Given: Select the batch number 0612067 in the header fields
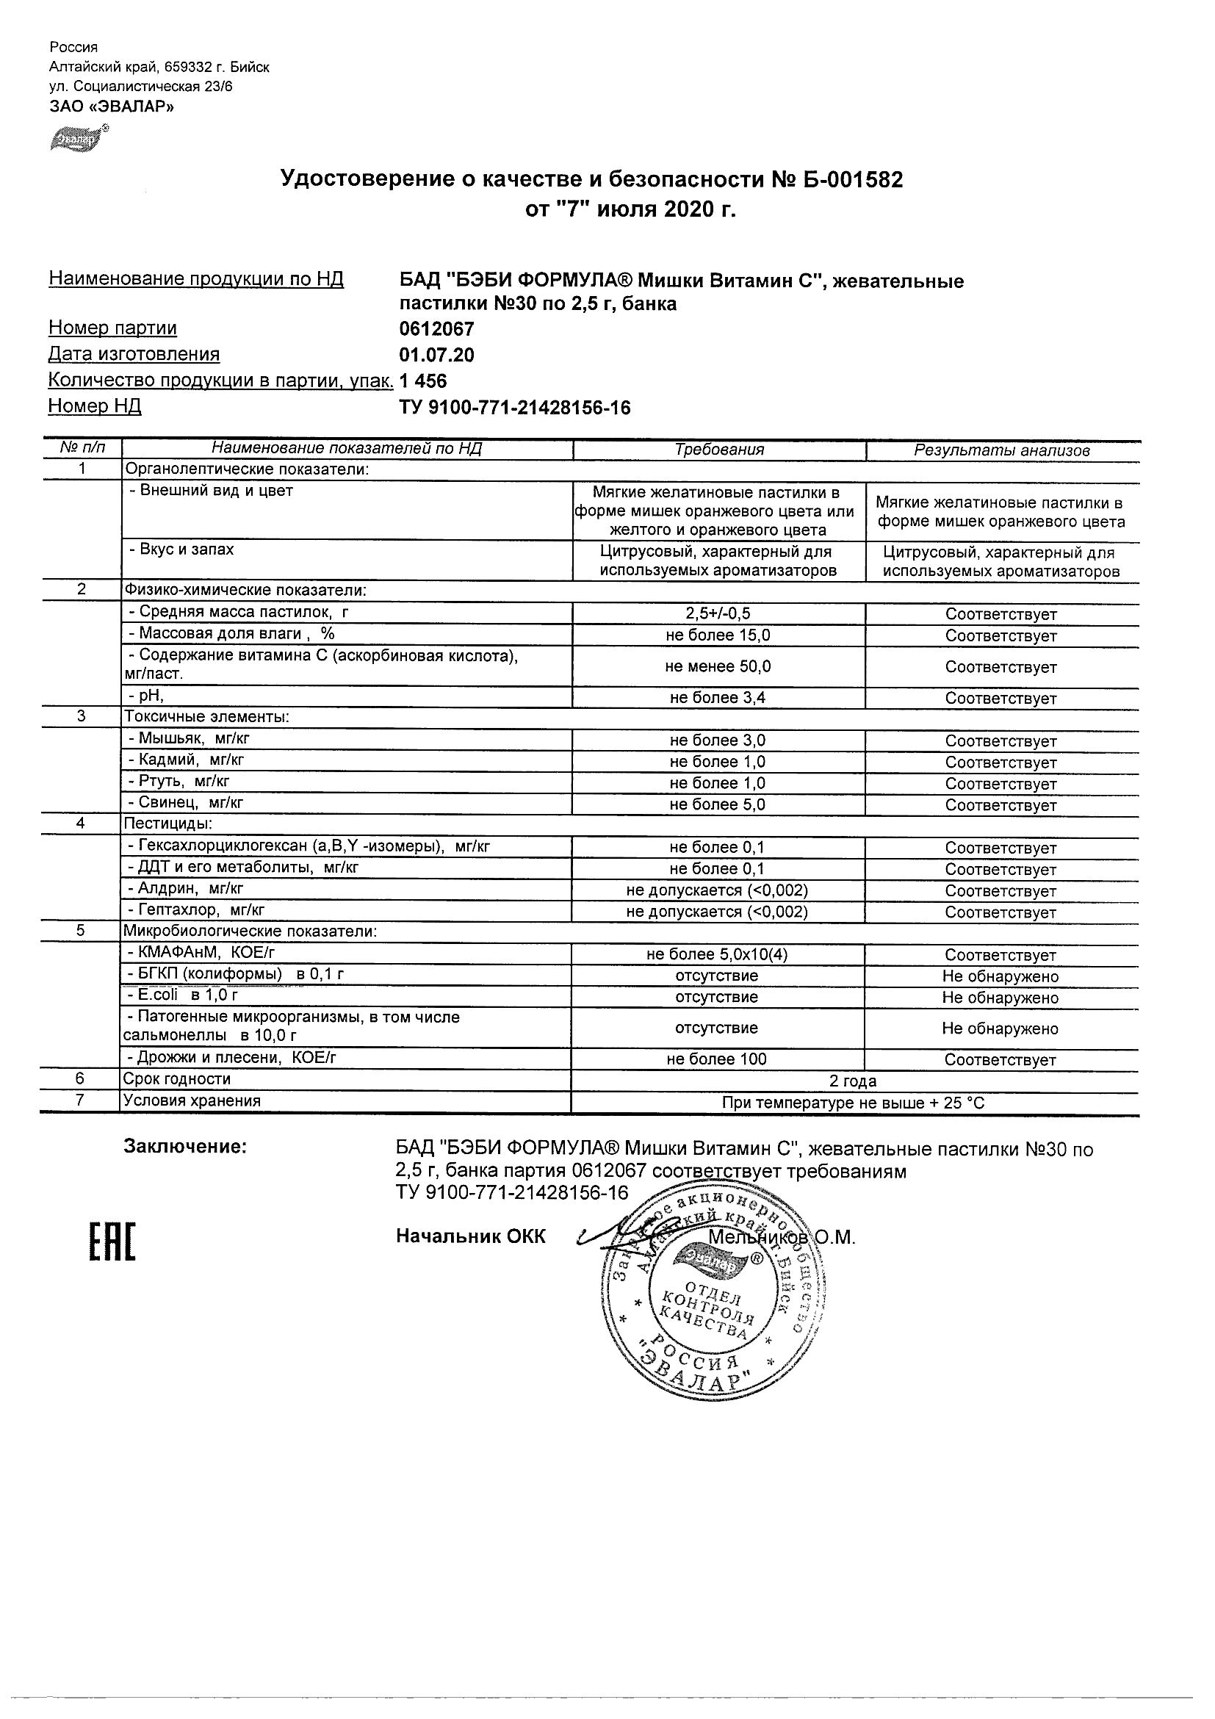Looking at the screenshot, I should click(436, 328).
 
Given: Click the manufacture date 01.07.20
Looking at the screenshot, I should click(436, 355).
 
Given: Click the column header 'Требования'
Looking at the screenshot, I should click(718, 450).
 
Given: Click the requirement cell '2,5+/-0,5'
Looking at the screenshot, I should click(718, 614).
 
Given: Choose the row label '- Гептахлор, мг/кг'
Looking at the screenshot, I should click(197, 910).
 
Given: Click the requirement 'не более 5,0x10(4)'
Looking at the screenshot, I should click(717, 954).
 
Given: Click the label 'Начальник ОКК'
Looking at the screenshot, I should click(471, 1236).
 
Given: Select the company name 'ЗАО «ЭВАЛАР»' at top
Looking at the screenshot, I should click(112, 107).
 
